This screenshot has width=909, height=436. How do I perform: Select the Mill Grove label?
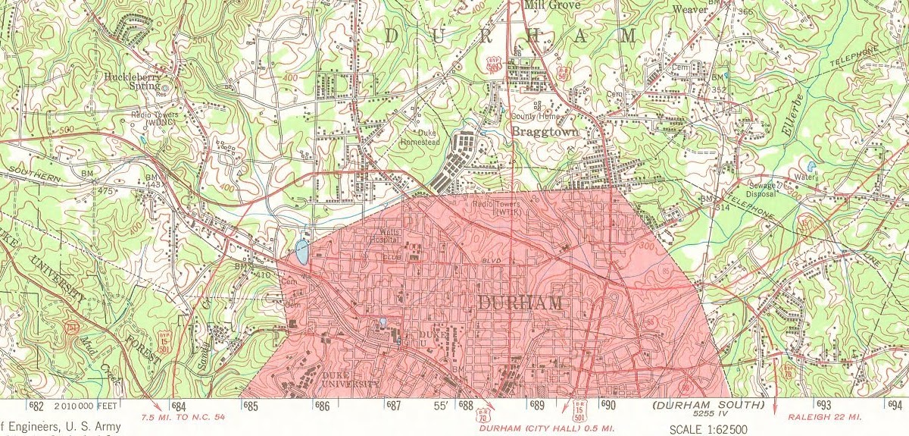[551, 5]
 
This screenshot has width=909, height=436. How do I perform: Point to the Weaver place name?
[689, 9]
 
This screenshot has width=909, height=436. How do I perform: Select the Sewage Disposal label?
[762, 190]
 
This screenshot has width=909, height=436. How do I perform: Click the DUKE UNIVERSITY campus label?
[348, 379]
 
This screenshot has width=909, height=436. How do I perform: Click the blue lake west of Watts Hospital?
[301, 252]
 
